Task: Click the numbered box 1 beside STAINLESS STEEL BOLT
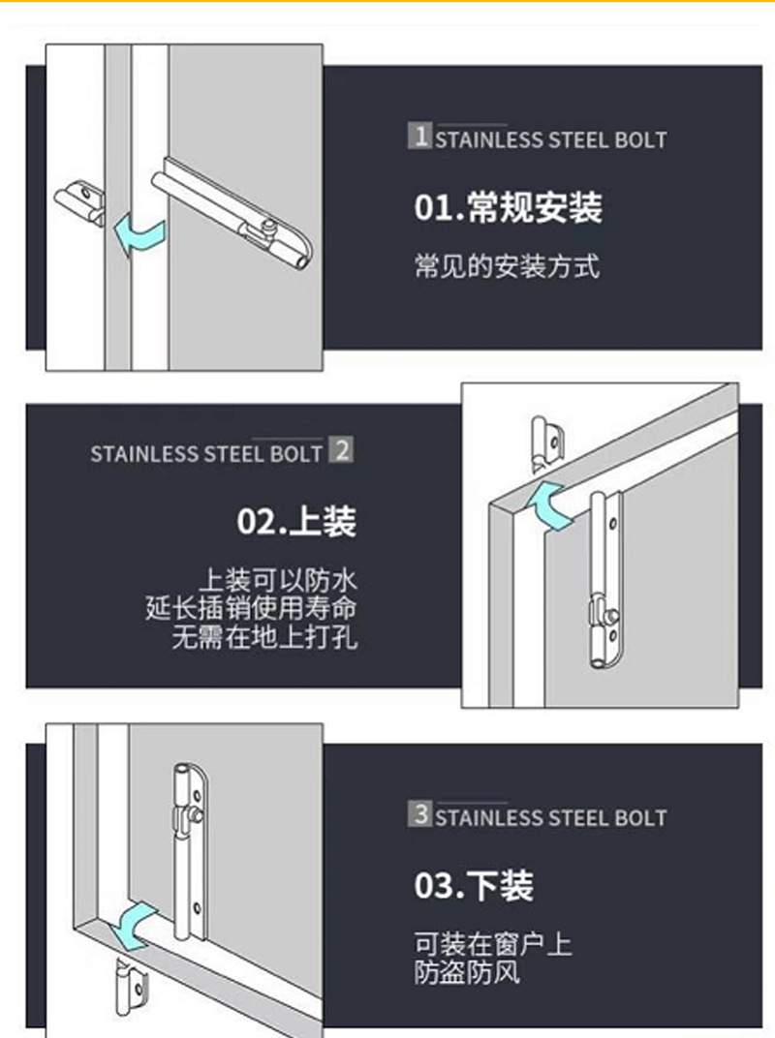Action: [420, 136]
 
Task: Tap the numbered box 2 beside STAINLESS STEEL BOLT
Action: [341, 450]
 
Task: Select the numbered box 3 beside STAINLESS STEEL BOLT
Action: [420, 813]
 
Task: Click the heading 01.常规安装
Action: [508, 207]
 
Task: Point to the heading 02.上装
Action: [296, 522]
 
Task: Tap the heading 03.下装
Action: [474, 885]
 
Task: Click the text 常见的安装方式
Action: [507, 266]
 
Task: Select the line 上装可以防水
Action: [277, 580]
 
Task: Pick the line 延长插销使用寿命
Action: [251, 608]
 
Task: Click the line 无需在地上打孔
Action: [264, 637]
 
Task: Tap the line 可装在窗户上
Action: [493, 944]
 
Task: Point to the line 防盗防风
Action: [467, 972]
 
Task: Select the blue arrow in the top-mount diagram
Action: [551, 505]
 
